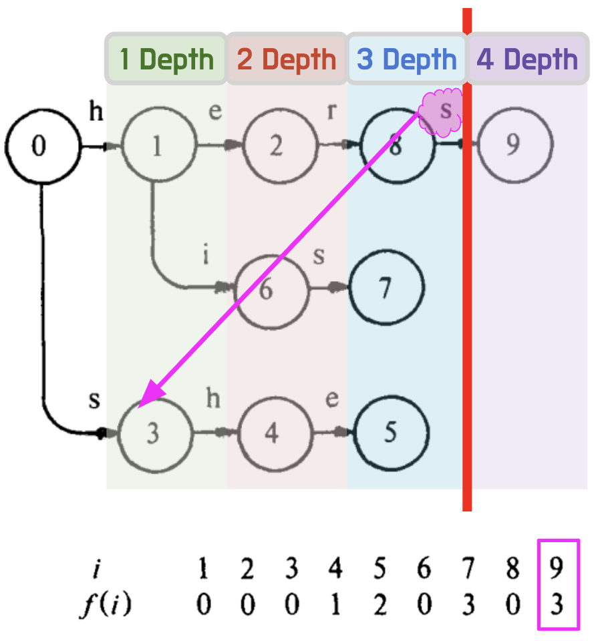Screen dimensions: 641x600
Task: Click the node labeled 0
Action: pyautogui.click(x=39, y=146)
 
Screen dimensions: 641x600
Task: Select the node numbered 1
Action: pyautogui.click(x=158, y=146)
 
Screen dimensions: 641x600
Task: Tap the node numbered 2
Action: pyautogui.click(x=276, y=146)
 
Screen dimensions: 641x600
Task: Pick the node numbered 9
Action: pyautogui.click(x=513, y=145)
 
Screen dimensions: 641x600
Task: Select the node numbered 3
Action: pyautogui.click(x=154, y=434)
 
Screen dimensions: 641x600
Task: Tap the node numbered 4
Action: pyautogui.click(x=271, y=434)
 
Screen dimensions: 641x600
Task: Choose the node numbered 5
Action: pyautogui.click(x=390, y=433)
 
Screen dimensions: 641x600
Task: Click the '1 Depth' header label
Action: pyautogui.click(x=166, y=59)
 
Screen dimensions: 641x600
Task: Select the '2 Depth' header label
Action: pyautogui.click(x=286, y=59)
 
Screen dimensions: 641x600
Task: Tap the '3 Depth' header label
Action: pyautogui.click(x=406, y=59)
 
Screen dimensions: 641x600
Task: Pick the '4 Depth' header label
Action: pyautogui.click(x=527, y=59)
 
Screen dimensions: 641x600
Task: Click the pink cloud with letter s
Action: pyautogui.click(x=441, y=112)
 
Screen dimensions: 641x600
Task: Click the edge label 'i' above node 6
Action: pyautogui.click(x=206, y=254)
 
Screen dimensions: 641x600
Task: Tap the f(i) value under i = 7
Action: pyautogui.click(x=468, y=606)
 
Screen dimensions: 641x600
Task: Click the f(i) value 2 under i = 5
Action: pyautogui.click(x=380, y=606)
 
